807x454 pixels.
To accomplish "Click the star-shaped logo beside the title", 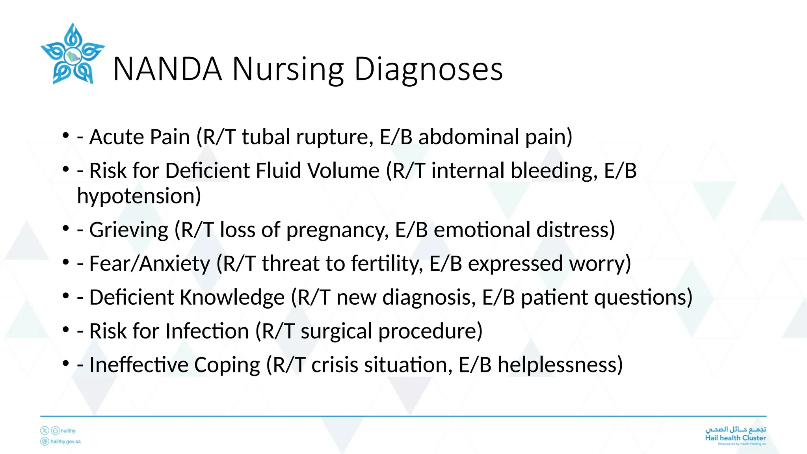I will [73, 54].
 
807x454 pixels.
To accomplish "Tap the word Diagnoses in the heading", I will [428, 69].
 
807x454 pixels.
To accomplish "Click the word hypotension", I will [139, 196].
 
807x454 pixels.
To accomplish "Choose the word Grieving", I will [129, 230].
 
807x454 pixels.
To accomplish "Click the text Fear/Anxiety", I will [150, 263].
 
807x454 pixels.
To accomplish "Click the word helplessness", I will [560, 365].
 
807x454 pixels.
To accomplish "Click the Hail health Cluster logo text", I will [735, 437].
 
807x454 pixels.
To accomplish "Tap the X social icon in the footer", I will [45, 431].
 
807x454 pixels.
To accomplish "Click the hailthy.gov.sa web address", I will [65, 441].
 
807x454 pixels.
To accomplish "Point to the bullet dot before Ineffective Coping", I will [65, 363].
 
